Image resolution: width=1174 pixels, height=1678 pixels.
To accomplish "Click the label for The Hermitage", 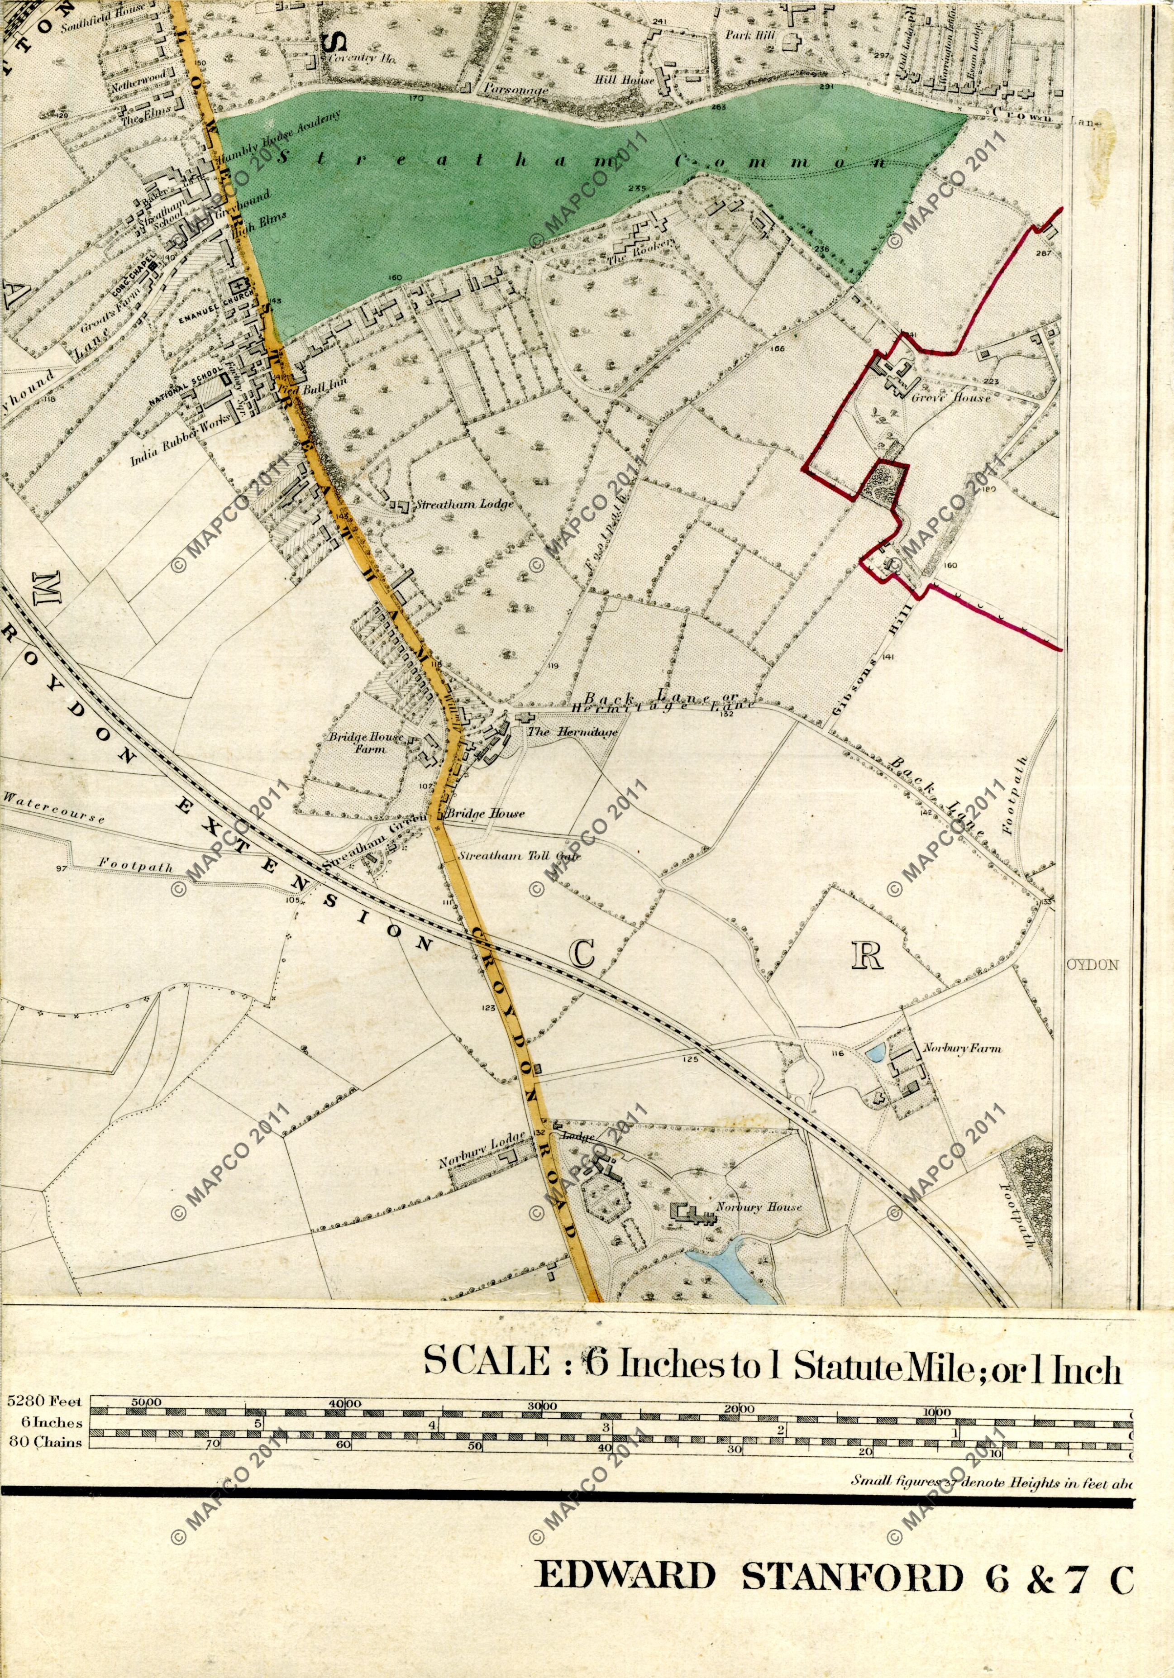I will point(573,732).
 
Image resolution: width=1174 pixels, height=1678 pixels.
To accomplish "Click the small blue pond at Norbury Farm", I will point(874,1053).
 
